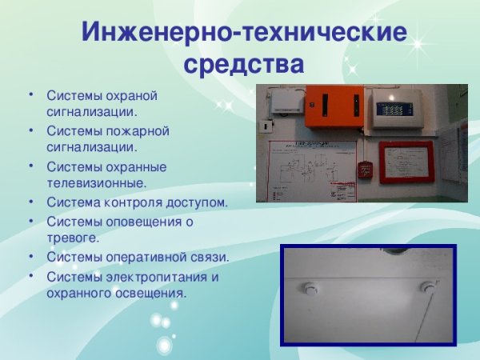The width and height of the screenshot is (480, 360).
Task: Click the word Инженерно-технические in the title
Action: [244, 34]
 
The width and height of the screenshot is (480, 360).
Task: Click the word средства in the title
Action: [244, 63]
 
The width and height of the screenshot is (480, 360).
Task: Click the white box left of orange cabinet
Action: [286, 101]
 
